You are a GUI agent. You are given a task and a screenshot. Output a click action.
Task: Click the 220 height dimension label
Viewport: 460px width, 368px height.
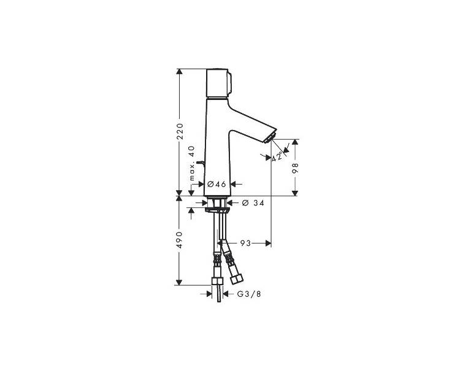[x=180, y=131]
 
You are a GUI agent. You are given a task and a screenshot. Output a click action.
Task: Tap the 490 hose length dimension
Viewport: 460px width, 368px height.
[x=180, y=240]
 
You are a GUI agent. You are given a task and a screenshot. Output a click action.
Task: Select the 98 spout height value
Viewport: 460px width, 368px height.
[x=295, y=169]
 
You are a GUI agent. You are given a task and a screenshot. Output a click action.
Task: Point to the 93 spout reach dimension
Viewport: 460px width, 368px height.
[x=245, y=243]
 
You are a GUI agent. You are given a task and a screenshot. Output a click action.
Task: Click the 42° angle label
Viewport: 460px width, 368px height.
[x=277, y=157]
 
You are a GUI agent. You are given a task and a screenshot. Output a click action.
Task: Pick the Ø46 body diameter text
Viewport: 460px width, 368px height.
[x=217, y=184]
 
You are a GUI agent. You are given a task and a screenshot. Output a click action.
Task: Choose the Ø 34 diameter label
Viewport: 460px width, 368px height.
[x=253, y=202]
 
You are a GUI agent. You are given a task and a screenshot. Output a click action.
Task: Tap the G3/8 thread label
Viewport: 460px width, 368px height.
[x=249, y=294]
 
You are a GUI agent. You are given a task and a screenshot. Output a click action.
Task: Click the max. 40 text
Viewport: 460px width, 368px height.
[x=191, y=163]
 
